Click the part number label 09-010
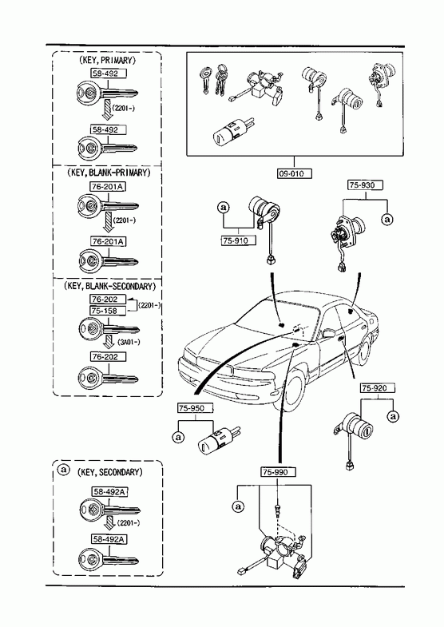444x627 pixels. [x=294, y=174]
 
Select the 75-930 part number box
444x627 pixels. [x=365, y=185]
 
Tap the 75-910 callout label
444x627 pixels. [x=238, y=240]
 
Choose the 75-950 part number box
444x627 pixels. [x=195, y=408]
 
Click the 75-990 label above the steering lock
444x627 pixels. [x=279, y=472]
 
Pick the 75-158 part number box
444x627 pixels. [x=108, y=311]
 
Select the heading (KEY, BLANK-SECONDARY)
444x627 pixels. [x=109, y=286]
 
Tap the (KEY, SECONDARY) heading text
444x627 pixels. [x=109, y=472]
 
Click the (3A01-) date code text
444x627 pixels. [x=129, y=342]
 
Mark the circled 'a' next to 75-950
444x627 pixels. [x=178, y=437]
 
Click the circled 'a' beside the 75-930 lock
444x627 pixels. [x=387, y=219]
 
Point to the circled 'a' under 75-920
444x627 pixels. [x=394, y=416]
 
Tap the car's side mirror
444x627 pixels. [x=327, y=333]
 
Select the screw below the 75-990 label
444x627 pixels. [x=277, y=509]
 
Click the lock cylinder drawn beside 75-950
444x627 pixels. [x=218, y=441]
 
